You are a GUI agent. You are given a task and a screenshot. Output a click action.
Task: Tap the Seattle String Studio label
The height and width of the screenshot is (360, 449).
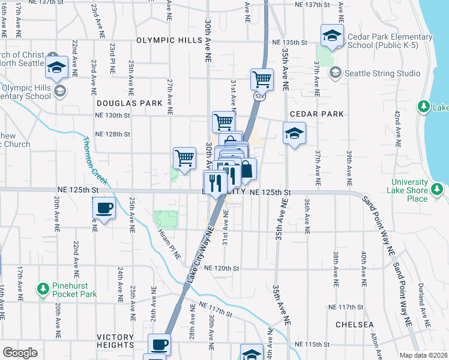382,73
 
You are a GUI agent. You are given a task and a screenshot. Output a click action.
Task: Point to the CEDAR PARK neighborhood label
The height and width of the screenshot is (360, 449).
316,113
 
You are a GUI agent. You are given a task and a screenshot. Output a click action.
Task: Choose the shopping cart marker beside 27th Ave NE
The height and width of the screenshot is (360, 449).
185,158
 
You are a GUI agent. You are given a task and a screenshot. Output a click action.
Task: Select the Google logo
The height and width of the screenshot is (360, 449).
20,353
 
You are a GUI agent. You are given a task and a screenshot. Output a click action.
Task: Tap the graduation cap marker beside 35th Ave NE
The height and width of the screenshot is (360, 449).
294,134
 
